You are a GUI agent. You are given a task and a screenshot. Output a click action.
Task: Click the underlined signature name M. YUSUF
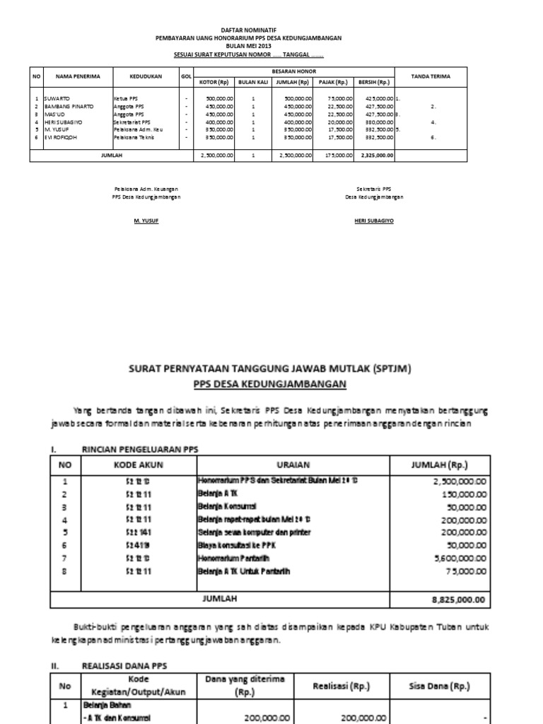pos(146,221)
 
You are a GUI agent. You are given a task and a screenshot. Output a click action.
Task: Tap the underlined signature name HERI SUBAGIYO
pos(373,221)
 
